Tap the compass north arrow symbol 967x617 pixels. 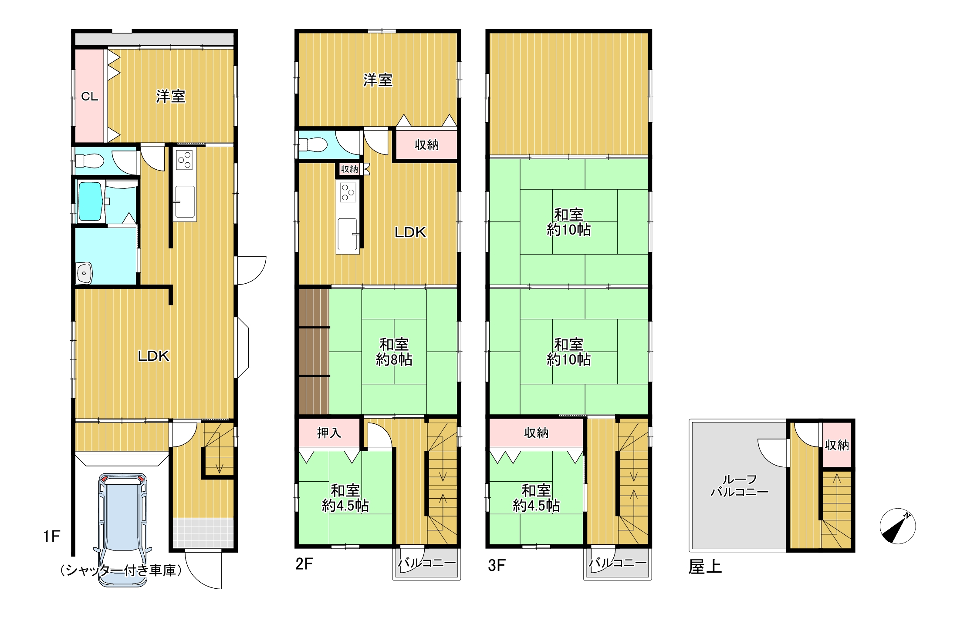pos(897,526)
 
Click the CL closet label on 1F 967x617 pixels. pos(90,97)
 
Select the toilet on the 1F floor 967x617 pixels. pos(90,160)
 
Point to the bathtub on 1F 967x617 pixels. pos(90,201)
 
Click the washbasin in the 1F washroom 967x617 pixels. pos(85,273)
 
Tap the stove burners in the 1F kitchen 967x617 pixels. pos(185,160)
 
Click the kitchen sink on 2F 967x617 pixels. pos(348,235)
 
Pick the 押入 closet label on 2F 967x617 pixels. pos(329,433)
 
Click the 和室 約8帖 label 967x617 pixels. pos(394,352)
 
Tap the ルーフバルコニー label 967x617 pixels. pos(740,486)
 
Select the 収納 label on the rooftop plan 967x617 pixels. pos(837,445)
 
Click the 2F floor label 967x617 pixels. pos(304,564)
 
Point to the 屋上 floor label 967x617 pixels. pos(705,567)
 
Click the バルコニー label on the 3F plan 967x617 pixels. pos(618,563)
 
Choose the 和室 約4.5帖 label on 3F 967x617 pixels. pos(536,498)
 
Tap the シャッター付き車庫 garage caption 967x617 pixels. pos(121,570)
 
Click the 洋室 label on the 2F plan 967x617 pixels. pos(378,80)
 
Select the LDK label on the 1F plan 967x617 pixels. pos(153,356)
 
